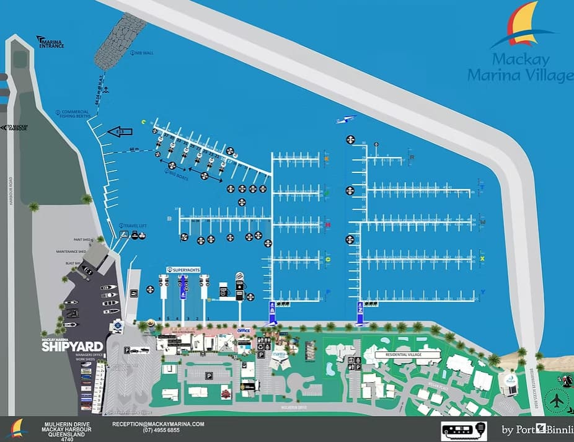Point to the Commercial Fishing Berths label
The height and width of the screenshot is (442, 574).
(x=76, y=114)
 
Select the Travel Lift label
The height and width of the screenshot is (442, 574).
(x=133, y=226)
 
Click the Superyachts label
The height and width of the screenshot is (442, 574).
(x=185, y=270)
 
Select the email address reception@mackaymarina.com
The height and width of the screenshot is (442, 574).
(x=158, y=424)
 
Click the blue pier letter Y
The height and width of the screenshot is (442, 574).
(x=482, y=292)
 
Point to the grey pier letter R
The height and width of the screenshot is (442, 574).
(x=412, y=157)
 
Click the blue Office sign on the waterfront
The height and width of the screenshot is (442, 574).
(x=244, y=330)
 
